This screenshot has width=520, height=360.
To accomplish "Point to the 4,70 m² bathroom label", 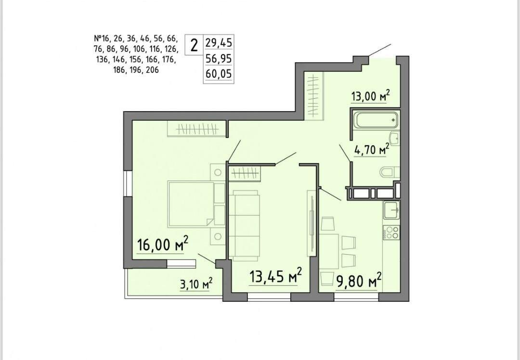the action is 371,150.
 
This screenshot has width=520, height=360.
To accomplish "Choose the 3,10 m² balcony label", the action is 196,284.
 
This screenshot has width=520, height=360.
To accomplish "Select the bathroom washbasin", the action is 395,138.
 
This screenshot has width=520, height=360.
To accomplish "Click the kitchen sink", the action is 391,210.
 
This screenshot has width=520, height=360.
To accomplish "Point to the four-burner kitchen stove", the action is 391,232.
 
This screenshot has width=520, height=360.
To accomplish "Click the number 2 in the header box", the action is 194,45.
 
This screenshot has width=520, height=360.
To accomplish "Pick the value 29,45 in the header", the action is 219,43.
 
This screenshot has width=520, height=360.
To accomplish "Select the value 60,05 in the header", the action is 219,74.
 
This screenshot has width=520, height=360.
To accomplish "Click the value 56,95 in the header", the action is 219,59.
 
